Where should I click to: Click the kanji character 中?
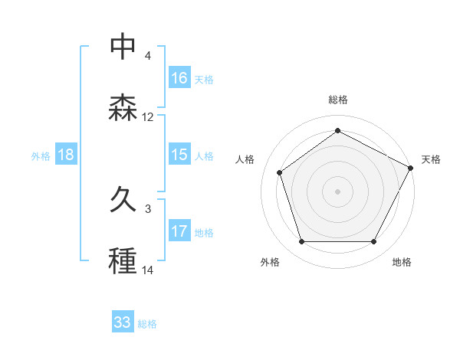point(123,46)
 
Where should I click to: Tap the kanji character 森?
point(123,108)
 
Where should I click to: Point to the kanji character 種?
point(123,261)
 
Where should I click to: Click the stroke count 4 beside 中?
point(148,56)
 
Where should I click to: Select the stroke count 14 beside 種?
point(148,270)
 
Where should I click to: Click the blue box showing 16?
point(179,78)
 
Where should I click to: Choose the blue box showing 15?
point(179,155)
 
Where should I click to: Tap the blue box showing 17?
point(179,231)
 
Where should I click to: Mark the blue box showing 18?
point(66,155)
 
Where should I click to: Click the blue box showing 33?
point(123,322)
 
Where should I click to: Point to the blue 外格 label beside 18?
point(41,155)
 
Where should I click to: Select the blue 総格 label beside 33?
point(147,323)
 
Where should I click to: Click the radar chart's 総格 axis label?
point(338,100)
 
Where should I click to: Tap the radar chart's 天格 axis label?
point(431,159)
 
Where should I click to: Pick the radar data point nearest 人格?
point(280,172)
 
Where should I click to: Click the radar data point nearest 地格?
point(373,242)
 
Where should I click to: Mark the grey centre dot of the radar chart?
point(337,191)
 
